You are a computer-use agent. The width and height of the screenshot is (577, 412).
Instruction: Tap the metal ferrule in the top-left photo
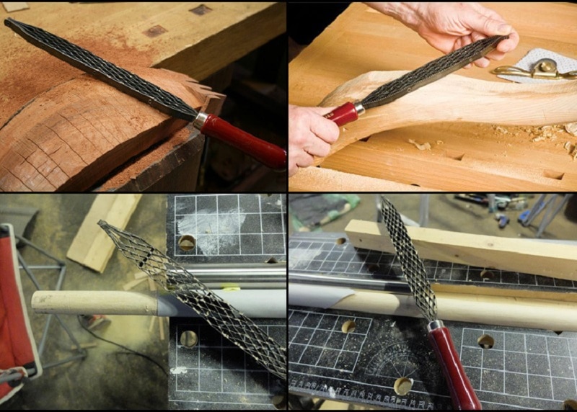[201, 120]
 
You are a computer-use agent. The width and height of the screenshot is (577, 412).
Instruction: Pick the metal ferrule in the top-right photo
[358, 108]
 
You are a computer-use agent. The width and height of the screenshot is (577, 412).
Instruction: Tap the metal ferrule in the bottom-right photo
[435, 325]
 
